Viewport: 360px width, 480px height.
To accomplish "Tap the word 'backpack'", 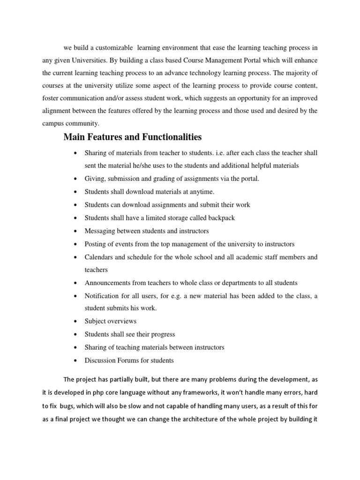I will (x=220, y=218).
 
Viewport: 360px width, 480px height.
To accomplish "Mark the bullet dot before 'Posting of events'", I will (x=75, y=244).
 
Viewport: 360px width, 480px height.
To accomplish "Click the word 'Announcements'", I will (x=107, y=283).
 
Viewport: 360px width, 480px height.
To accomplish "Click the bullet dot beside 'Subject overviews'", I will (x=75, y=322).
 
